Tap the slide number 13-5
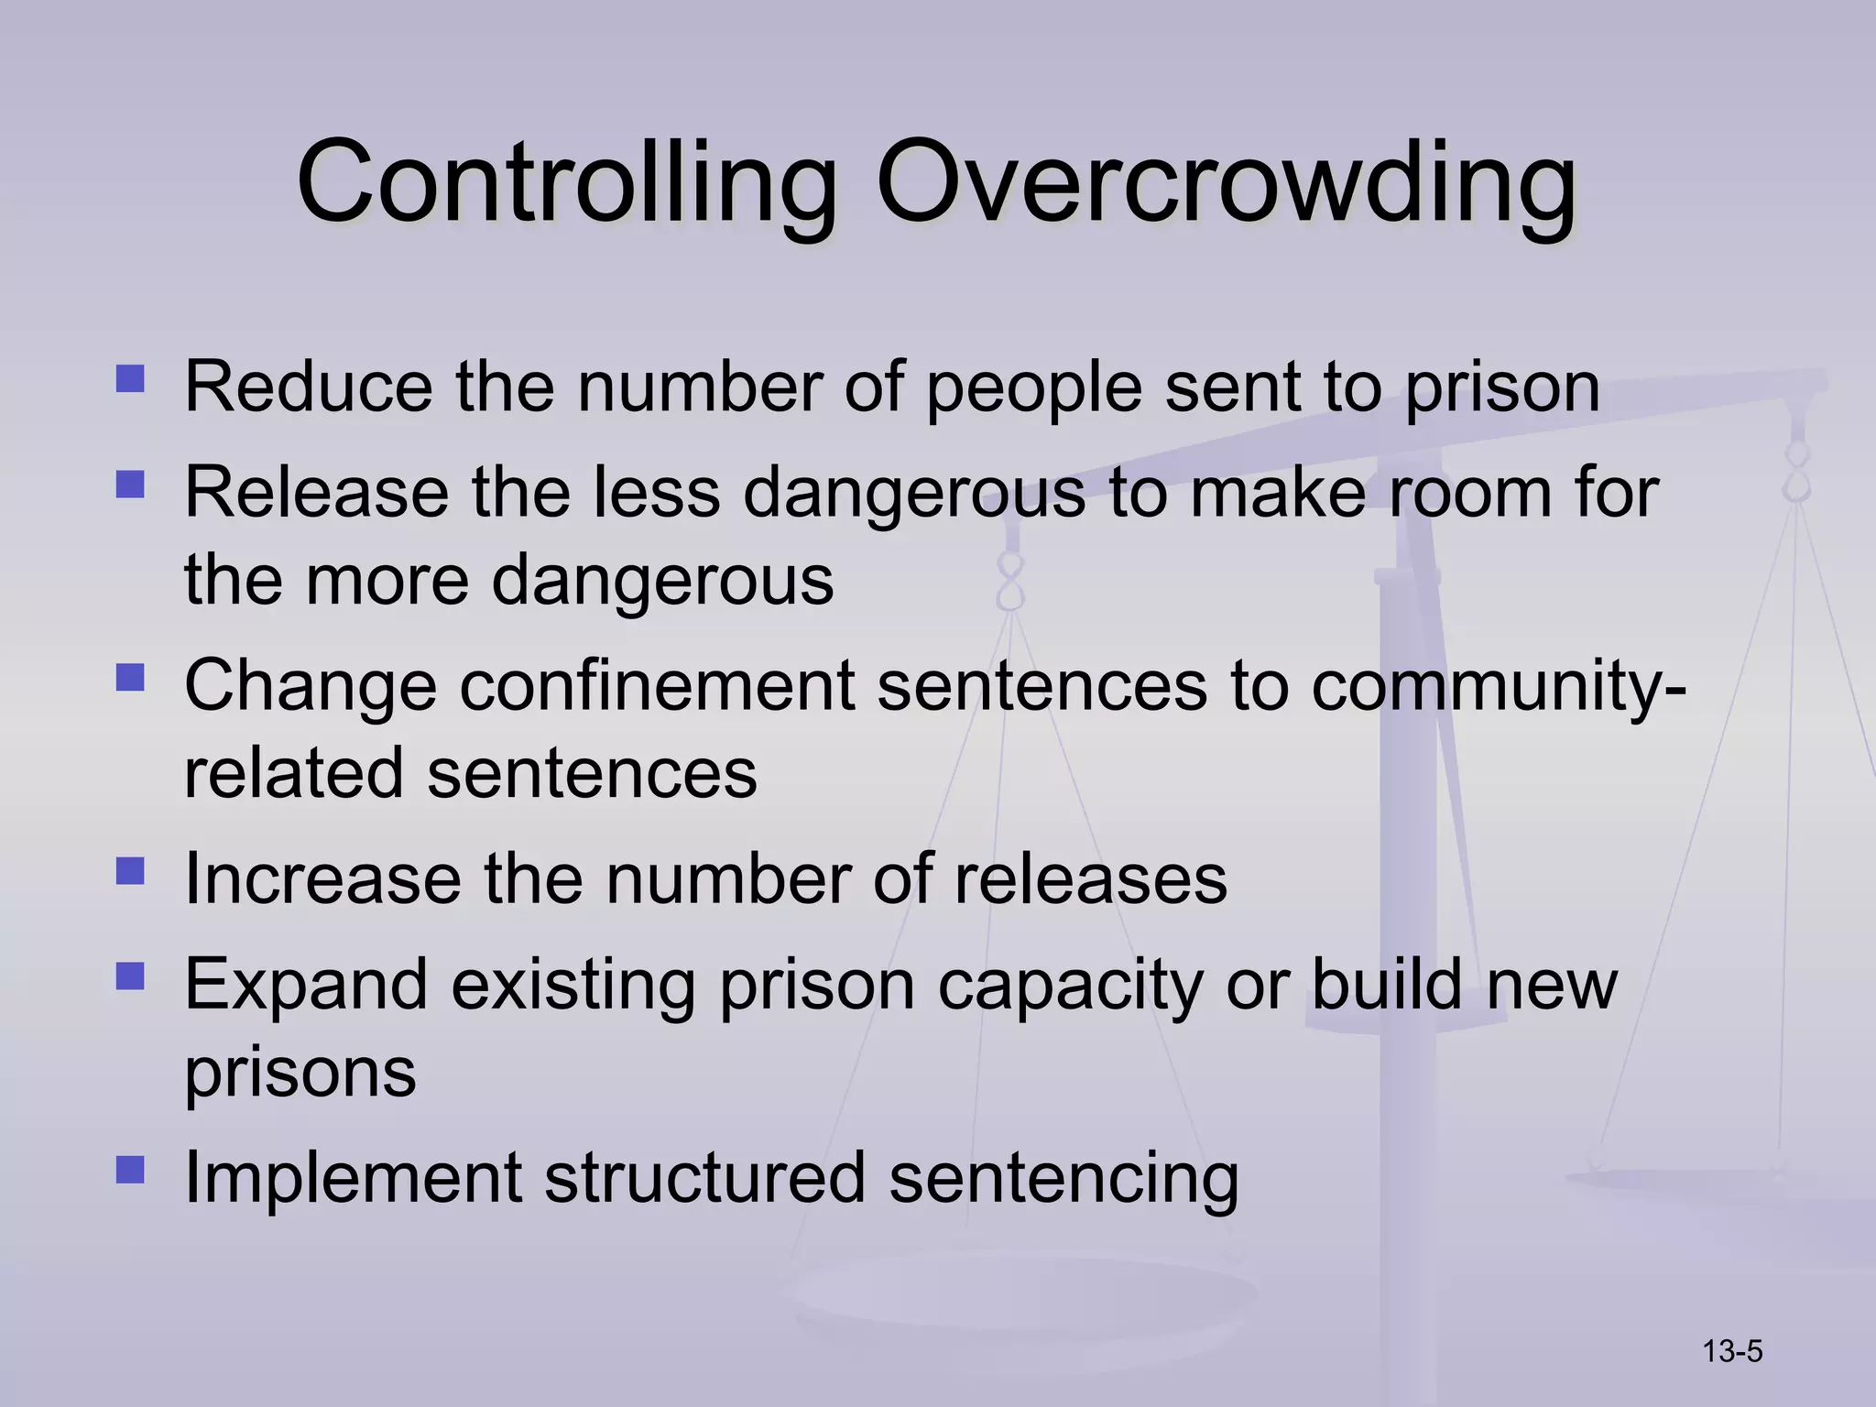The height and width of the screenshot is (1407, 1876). [x=1732, y=1351]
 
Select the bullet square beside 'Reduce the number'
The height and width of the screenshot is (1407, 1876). [x=131, y=379]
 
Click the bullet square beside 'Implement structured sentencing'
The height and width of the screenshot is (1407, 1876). [x=131, y=1170]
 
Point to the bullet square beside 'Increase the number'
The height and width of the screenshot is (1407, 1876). [x=131, y=871]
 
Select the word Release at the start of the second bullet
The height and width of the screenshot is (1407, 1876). [x=316, y=493]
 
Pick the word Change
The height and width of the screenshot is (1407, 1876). [x=311, y=687]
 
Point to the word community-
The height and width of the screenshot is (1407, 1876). [x=1499, y=687]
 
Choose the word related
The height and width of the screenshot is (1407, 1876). [x=293, y=773]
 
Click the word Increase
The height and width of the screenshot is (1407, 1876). [x=322, y=879]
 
